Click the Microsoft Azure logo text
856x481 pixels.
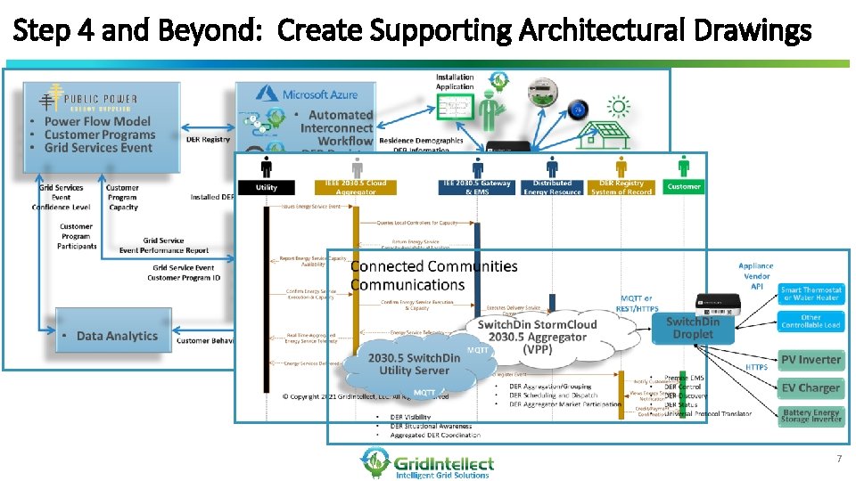click(x=318, y=94)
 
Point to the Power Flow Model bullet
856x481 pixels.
click(x=97, y=121)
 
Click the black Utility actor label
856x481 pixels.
click(x=266, y=187)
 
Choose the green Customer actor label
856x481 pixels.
click(x=684, y=187)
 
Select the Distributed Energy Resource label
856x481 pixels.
click(x=552, y=187)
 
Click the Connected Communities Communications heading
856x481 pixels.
click(x=433, y=275)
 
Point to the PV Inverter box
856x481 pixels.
click(x=811, y=360)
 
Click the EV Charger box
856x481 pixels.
click(x=811, y=388)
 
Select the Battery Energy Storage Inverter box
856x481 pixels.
click(x=811, y=416)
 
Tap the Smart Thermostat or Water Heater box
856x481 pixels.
click(x=811, y=293)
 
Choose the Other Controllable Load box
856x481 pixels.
click(x=811, y=321)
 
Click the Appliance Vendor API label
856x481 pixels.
click(x=756, y=276)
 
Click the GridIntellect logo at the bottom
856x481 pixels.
click(x=427, y=463)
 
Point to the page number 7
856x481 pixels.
click(x=838, y=458)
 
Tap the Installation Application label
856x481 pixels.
click(x=455, y=82)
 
